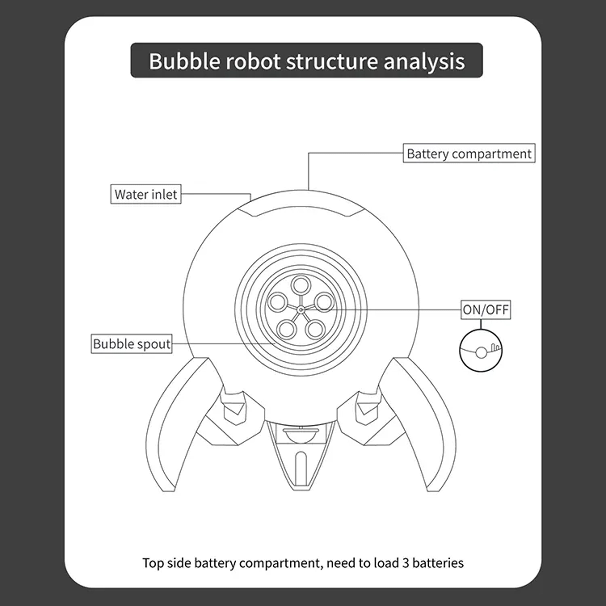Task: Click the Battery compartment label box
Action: (469, 153)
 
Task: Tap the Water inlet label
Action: (146, 194)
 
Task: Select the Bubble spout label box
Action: (132, 344)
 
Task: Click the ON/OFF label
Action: (486, 310)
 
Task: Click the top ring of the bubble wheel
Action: (301, 285)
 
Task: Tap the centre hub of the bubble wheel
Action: (301, 310)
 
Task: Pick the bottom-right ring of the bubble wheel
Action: (315, 330)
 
